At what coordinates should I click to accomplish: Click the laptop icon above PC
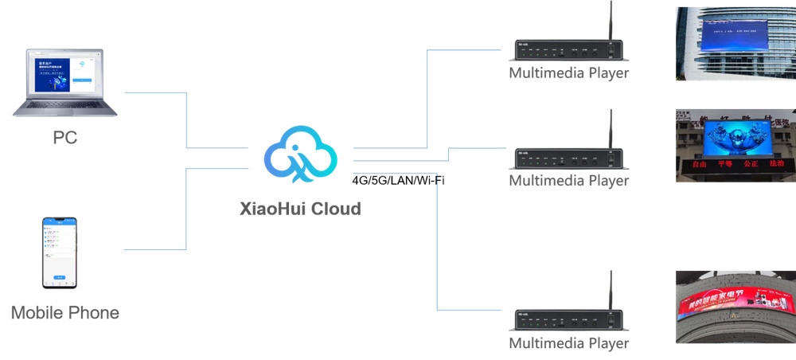tap(65, 84)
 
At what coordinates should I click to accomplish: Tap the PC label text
tap(65, 137)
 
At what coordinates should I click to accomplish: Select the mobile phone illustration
tap(60, 252)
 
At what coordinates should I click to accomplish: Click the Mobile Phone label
tap(65, 312)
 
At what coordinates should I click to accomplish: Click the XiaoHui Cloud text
tap(300, 209)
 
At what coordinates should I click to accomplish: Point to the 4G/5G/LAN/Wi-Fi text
tap(398, 180)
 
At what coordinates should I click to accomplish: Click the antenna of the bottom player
tap(610, 291)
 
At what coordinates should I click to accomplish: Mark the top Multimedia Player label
tap(568, 73)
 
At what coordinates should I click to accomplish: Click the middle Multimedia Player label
tap(568, 181)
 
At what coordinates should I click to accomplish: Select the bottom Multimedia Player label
tap(568, 343)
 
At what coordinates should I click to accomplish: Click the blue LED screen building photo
tap(736, 44)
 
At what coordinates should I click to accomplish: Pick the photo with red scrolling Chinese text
tap(736, 146)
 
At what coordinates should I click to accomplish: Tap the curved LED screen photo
tap(736, 307)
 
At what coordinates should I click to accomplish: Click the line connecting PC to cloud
tap(186, 119)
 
